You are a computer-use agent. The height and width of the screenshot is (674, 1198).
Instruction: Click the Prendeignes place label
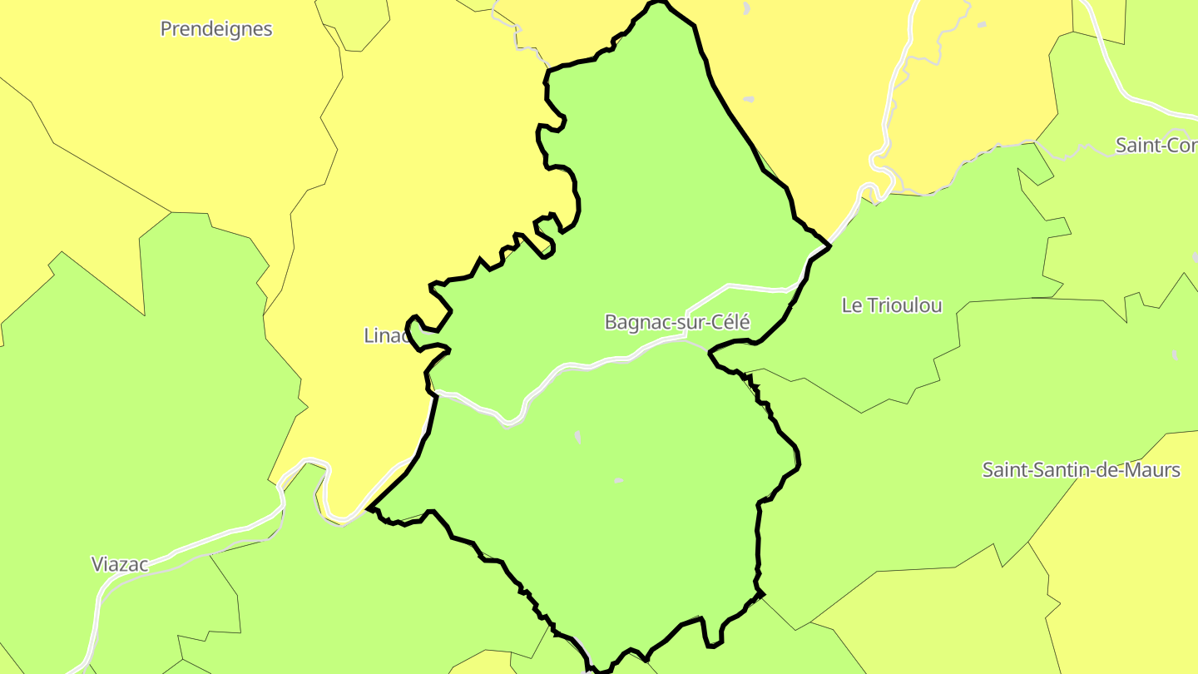pos(216,29)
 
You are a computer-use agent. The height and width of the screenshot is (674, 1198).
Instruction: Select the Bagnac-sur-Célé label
pos(677,322)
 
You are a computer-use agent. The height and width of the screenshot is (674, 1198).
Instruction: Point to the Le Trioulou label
pos(892,305)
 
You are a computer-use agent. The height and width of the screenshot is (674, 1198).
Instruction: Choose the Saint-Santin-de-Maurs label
pos(1081,470)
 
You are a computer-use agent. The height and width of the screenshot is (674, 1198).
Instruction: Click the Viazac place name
pos(120,564)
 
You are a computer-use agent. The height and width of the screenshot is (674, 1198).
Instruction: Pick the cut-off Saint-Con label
pos(1156,146)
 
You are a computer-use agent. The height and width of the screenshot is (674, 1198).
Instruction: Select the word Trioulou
pos(905,305)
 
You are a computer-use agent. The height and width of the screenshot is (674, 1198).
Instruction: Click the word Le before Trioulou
pos(852,305)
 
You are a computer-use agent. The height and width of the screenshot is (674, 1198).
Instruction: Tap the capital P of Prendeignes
pos(166,29)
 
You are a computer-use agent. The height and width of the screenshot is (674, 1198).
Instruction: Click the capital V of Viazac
pos(97,564)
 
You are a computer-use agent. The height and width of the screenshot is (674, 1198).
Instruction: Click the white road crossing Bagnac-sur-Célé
pos(574,365)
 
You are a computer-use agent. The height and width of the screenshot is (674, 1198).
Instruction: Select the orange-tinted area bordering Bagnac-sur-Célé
pos(799,100)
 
